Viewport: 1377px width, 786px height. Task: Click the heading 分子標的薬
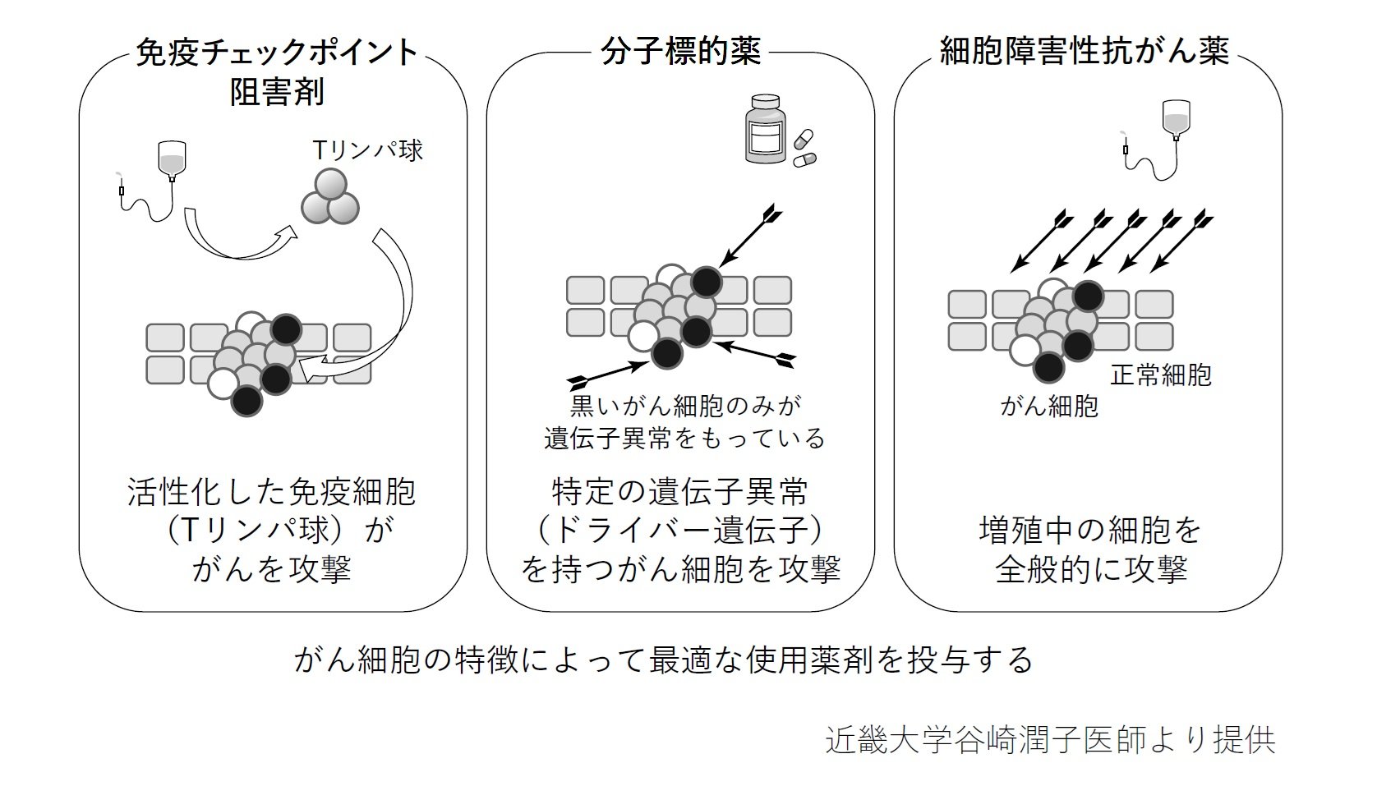[x=680, y=53]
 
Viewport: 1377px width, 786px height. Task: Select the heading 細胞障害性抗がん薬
[x=1085, y=53]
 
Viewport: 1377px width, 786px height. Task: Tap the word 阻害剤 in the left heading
[x=277, y=91]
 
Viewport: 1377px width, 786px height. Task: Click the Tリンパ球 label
[x=367, y=150]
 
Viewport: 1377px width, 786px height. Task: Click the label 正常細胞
[x=1161, y=375]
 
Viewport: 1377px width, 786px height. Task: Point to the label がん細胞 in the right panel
[x=1049, y=406]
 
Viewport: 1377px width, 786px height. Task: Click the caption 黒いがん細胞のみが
[x=684, y=405]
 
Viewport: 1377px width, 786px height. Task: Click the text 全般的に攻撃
[x=1091, y=568]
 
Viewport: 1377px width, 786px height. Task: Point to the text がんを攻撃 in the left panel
[x=272, y=568]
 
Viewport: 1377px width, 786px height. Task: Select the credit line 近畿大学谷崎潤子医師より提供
[x=1050, y=740]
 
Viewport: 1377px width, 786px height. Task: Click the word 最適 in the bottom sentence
[x=680, y=660]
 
